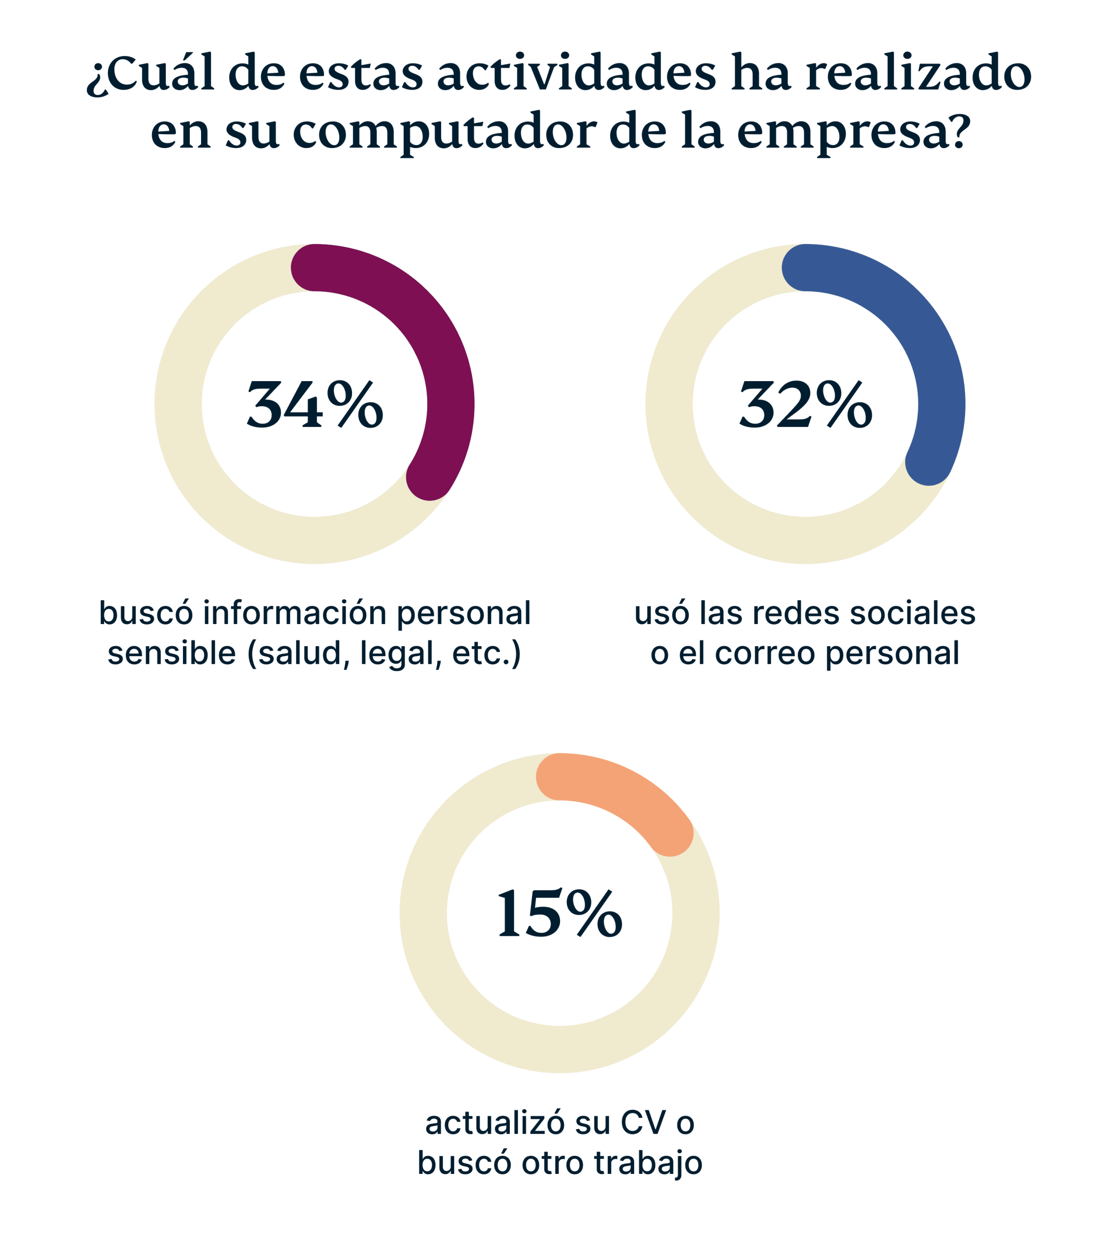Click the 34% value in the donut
click(315, 405)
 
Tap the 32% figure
click(805, 405)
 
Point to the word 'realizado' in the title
click(918, 74)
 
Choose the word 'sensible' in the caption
click(171, 653)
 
